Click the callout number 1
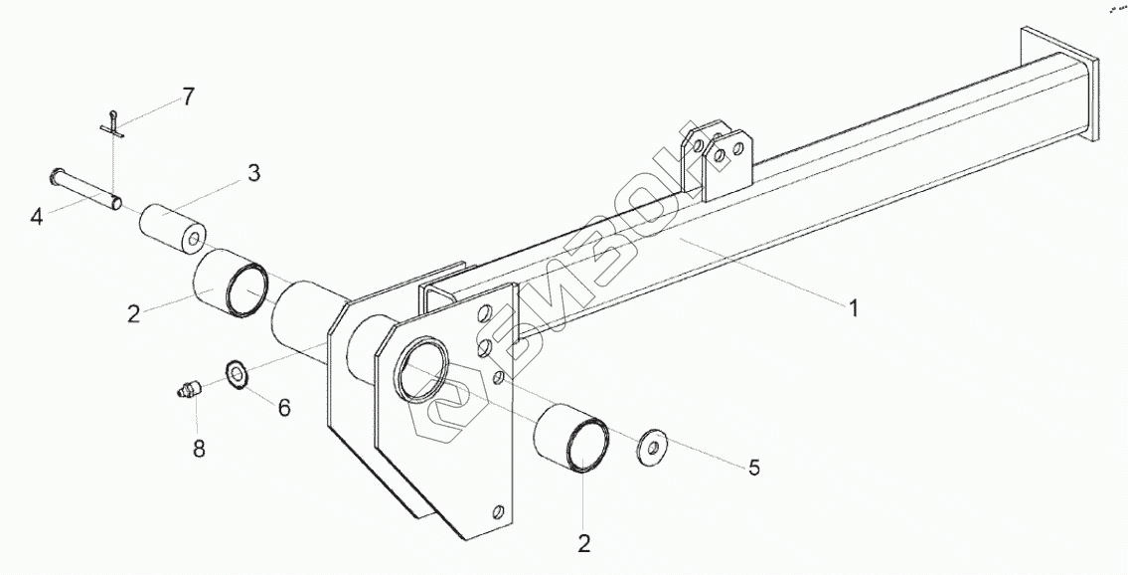853,308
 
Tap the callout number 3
253,173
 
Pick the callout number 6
284,407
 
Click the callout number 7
187,96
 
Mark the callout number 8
199,450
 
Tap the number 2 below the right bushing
583,543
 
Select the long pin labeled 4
87,190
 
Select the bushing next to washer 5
572,446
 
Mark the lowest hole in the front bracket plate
496,511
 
